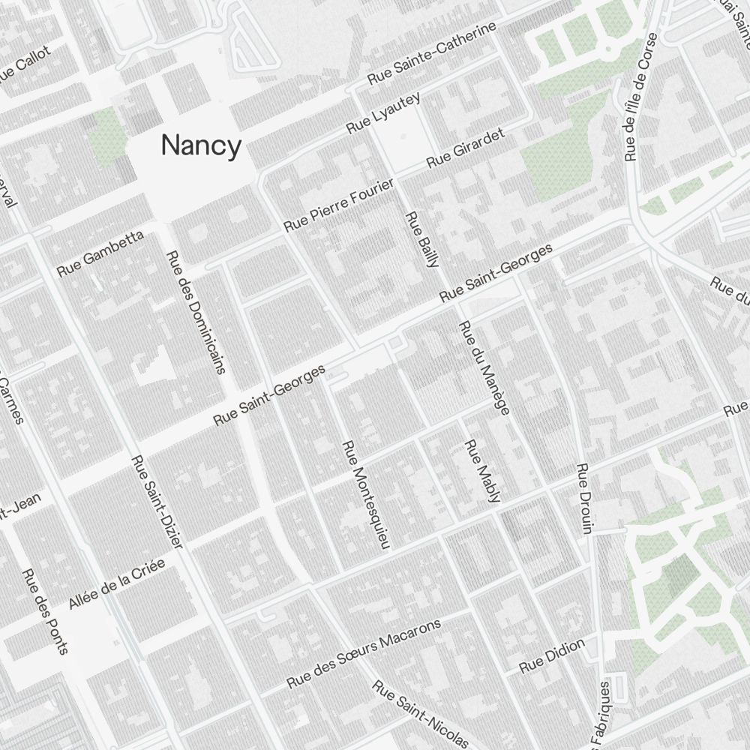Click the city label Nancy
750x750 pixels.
click(x=201, y=145)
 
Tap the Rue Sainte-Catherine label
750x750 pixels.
click(x=431, y=53)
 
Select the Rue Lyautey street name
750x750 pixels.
click(x=383, y=113)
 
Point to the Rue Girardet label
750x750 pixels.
click(x=465, y=147)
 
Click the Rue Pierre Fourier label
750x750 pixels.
click(x=339, y=204)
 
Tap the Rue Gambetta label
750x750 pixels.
click(x=100, y=253)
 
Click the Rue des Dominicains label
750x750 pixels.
click(x=196, y=311)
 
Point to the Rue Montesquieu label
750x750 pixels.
click(x=367, y=495)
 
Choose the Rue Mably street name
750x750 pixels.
click(x=482, y=471)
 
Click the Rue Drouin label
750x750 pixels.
click(x=584, y=498)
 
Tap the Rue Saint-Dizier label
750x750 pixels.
click(x=157, y=511)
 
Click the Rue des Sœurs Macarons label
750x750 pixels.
click(x=364, y=654)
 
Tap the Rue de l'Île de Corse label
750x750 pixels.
click(x=640, y=97)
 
